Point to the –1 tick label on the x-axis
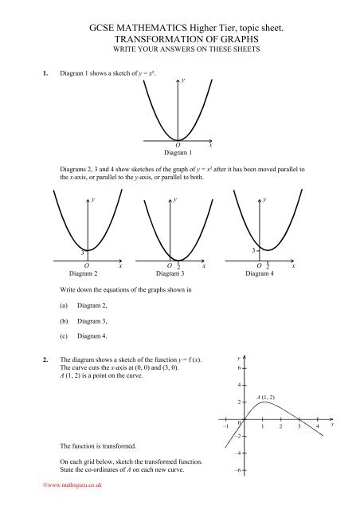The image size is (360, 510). pos(226,428)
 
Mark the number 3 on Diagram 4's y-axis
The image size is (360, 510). pos(253,249)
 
